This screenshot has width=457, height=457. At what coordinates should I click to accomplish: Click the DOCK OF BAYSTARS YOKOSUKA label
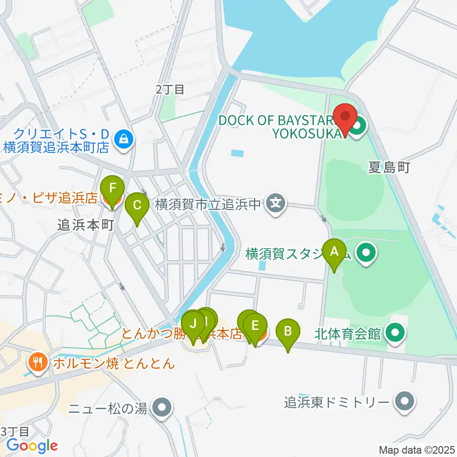click(281, 126)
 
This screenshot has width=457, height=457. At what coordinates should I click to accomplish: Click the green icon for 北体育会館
click(395, 332)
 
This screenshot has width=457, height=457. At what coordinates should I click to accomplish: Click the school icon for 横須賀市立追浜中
click(275, 204)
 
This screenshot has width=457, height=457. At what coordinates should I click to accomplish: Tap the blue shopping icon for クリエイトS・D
click(124, 139)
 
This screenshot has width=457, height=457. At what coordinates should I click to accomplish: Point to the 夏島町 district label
click(389, 168)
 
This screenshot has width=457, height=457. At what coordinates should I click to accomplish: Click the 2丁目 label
click(170, 89)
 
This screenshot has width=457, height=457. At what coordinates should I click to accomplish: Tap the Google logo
click(32, 446)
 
